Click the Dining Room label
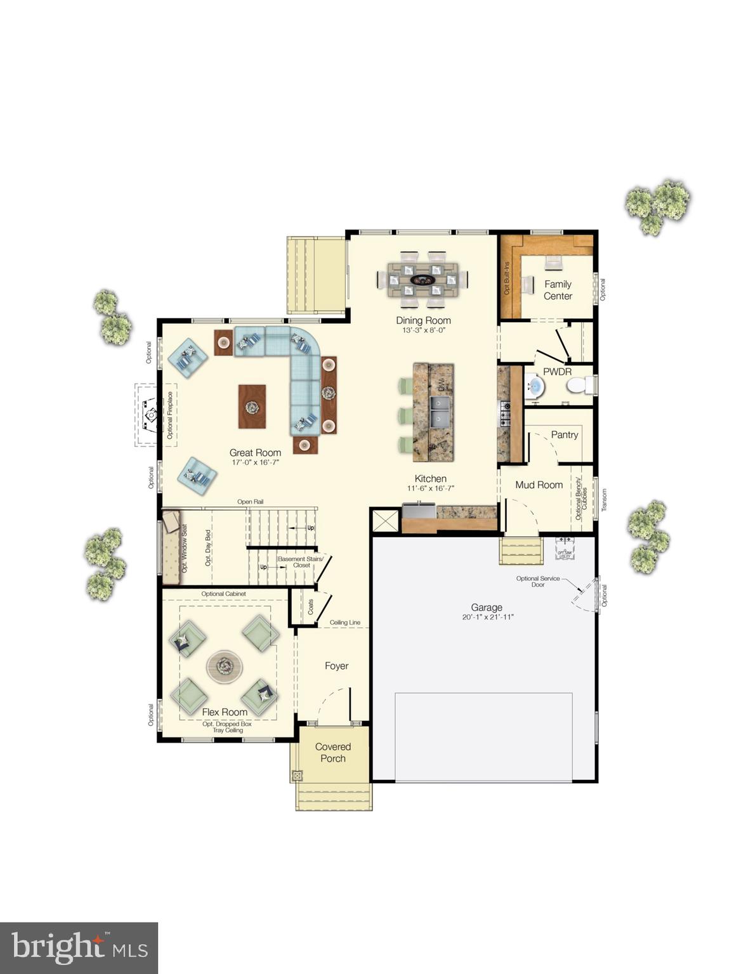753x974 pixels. tap(423, 320)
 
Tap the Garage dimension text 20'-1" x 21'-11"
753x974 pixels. tap(487, 617)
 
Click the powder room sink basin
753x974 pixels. tap(535, 386)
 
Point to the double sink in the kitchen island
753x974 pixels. tap(439, 412)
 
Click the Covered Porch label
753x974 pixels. tap(333, 753)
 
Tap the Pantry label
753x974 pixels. tap(564, 434)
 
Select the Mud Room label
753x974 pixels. tap(539, 484)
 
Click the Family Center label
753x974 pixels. tap(558, 290)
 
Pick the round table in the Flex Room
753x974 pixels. tap(225, 666)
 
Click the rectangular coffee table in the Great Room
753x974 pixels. tap(252, 406)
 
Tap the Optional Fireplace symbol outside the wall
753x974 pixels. tap(150, 415)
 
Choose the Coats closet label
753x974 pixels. tap(311, 607)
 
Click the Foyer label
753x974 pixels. tap(336, 666)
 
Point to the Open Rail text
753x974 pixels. tap(250, 502)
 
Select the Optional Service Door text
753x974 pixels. tap(537, 581)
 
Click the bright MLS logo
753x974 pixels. tap(79, 949)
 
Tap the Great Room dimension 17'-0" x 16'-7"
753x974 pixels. tap(255, 463)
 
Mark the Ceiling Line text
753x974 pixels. tap(344, 623)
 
